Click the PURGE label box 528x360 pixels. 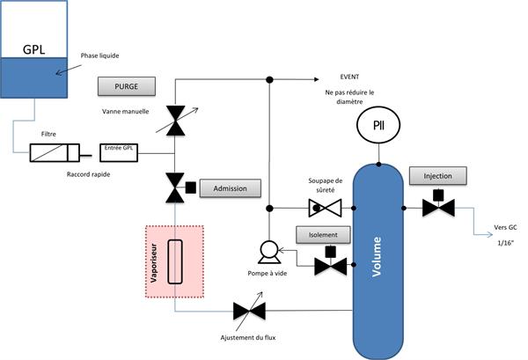pos(128,86)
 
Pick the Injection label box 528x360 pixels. pos(437,176)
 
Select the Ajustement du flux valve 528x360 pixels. pos(246,310)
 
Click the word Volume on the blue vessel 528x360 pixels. pos(377,258)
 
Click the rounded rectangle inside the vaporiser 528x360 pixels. pos(175,261)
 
